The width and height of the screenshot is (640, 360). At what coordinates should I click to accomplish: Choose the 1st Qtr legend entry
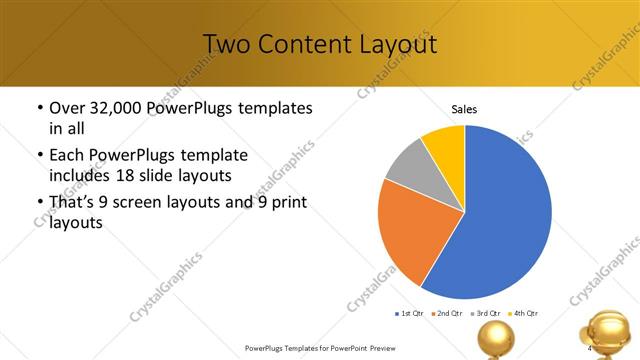tap(410, 313)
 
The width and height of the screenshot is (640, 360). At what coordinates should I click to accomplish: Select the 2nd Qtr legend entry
tap(447, 313)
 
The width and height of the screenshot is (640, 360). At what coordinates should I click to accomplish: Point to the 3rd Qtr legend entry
tap(485, 313)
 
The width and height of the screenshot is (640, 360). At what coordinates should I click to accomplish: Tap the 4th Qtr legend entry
tap(523, 313)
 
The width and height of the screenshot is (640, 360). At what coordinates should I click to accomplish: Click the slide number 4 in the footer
tap(591, 348)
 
